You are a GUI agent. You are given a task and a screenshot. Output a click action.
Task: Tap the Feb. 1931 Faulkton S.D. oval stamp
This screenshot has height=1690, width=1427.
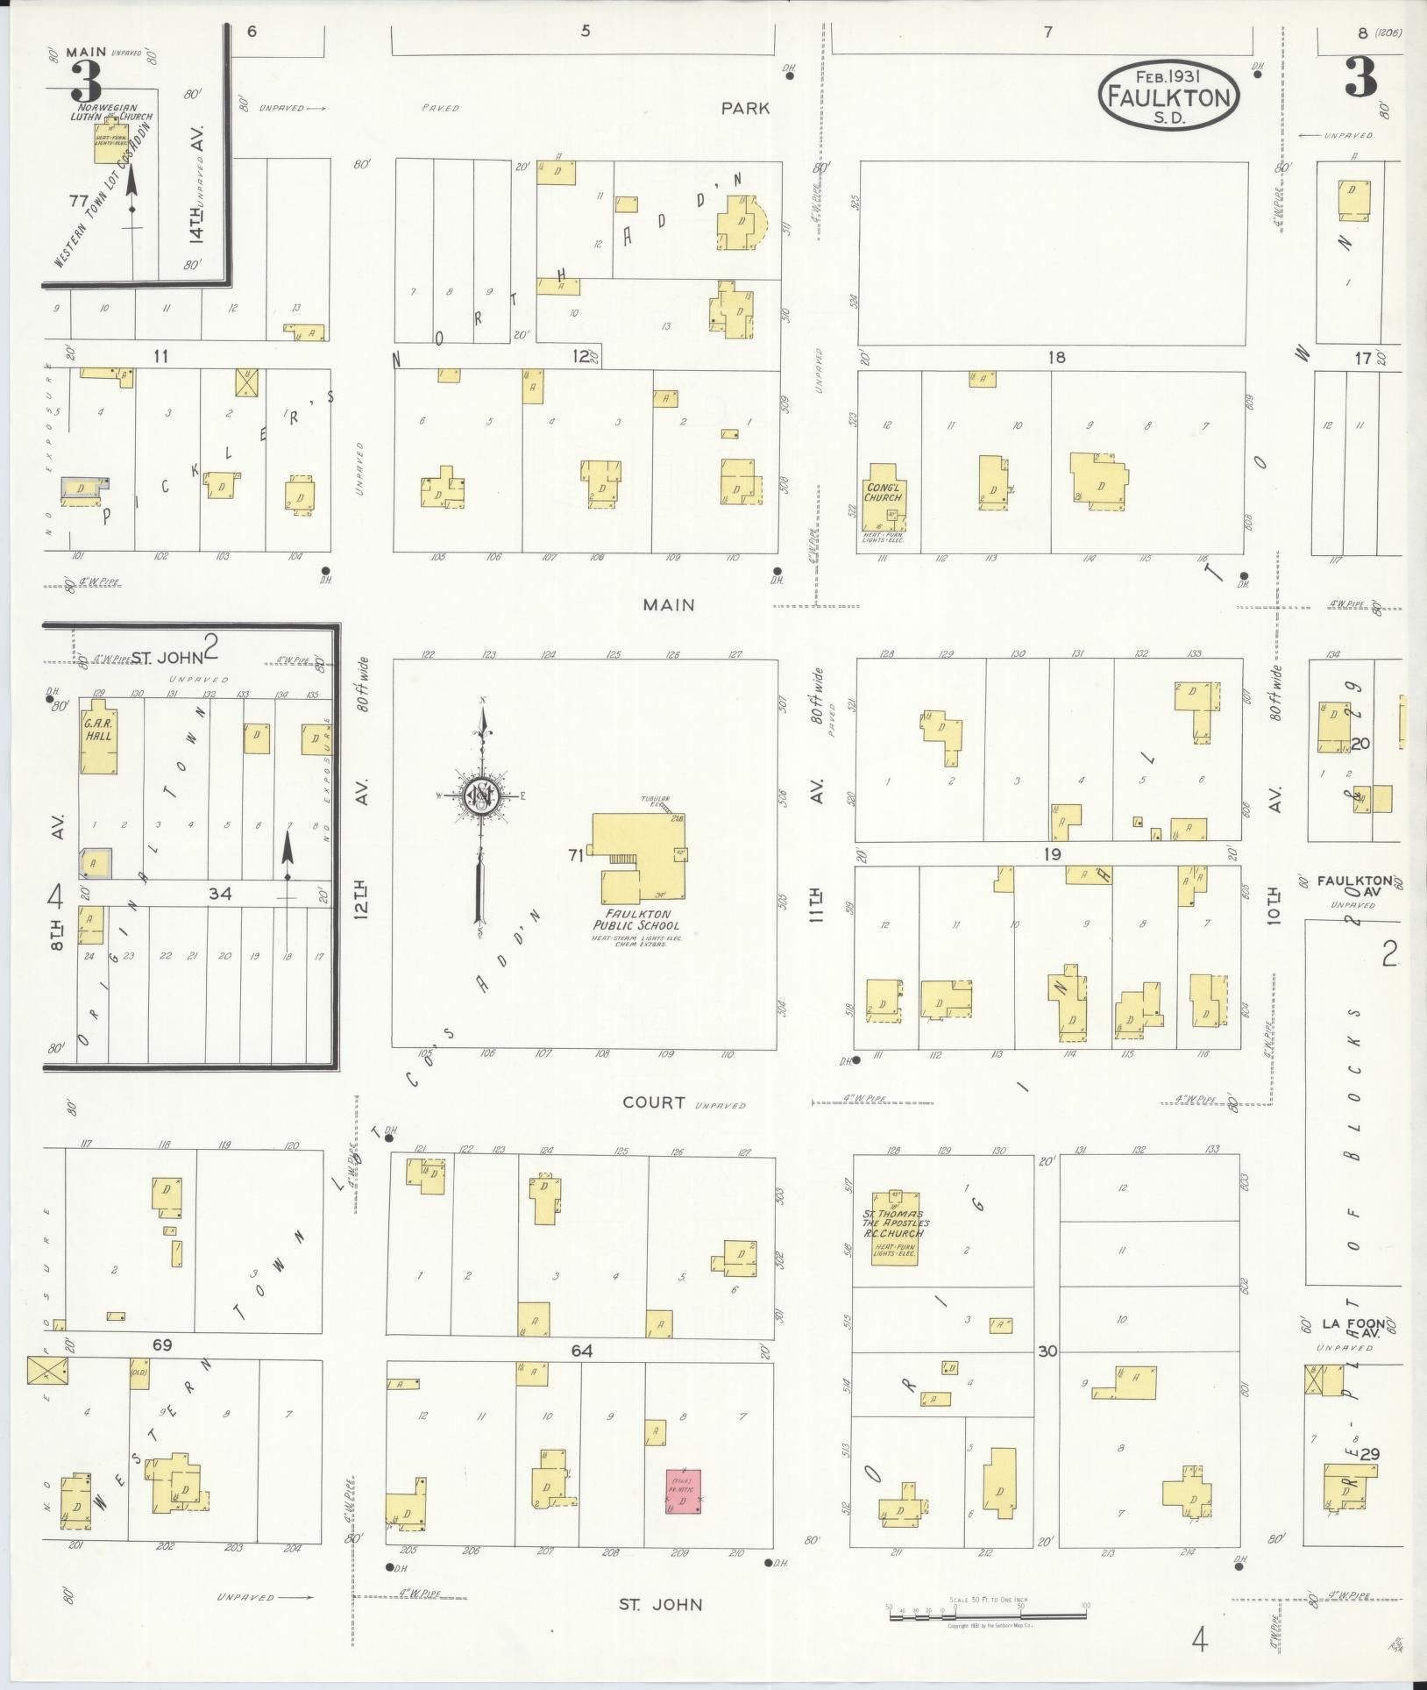1169,96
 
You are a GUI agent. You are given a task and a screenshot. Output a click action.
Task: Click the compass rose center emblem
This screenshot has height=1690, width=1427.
481,795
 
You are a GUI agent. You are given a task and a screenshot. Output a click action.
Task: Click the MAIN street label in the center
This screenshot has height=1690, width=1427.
668,604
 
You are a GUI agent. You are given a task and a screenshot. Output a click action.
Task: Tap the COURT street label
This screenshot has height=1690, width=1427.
654,1102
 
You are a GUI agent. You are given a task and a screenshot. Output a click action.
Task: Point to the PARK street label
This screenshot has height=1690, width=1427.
745,108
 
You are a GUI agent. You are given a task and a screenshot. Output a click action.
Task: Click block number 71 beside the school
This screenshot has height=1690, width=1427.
575,855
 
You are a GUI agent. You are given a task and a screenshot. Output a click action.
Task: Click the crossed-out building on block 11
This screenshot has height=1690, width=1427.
248,382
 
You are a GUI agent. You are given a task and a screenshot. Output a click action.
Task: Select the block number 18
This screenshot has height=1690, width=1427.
1056,357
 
